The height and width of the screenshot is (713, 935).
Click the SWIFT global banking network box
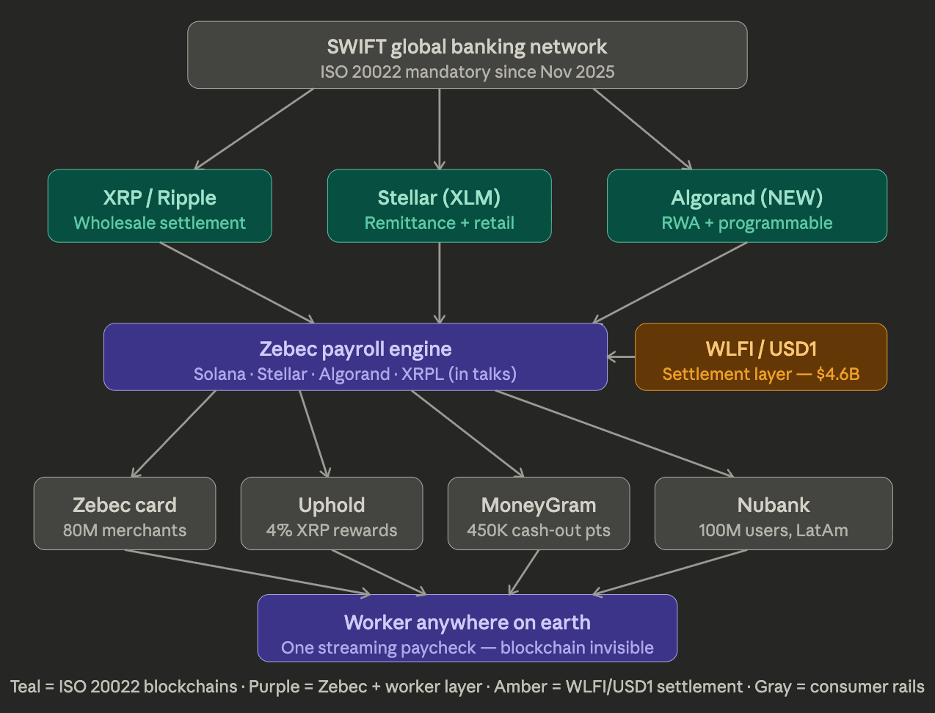pyautogui.click(x=467, y=55)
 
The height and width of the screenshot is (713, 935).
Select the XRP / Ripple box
pyautogui.click(x=159, y=206)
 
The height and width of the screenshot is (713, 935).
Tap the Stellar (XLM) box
pyautogui.click(x=439, y=206)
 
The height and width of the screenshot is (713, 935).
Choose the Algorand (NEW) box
pyautogui.click(x=746, y=206)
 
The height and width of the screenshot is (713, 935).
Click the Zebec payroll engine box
pyautogui.click(x=355, y=357)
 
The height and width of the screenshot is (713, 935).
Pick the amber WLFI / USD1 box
pyautogui.click(x=760, y=357)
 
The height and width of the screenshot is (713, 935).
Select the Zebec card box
pyautogui.click(x=125, y=513)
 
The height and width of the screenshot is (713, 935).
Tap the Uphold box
pyautogui.click(x=332, y=513)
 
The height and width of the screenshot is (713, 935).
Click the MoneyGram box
pyautogui.click(x=539, y=513)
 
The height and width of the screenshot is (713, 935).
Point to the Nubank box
pyautogui.click(x=774, y=513)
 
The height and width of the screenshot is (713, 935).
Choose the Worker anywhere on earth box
pyautogui.click(x=467, y=628)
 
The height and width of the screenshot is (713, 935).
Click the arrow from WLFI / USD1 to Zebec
pyautogui.click(x=622, y=357)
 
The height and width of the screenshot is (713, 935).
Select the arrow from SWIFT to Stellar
pyautogui.click(x=440, y=129)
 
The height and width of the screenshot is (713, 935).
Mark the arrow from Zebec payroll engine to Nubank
pyautogui.click(x=614, y=434)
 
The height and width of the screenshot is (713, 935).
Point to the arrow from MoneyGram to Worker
pyautogui.click(x=524, y=572)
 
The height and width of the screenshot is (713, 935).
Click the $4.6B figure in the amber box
pyautogui.click(x=837, y=374)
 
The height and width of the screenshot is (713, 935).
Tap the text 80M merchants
pyautogui.click(x=125, y=530)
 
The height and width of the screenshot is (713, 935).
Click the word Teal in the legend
pyautogui.click(x=25, y=687)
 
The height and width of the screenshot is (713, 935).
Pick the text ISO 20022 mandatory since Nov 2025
pyautogui.click(x=467, y=72)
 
